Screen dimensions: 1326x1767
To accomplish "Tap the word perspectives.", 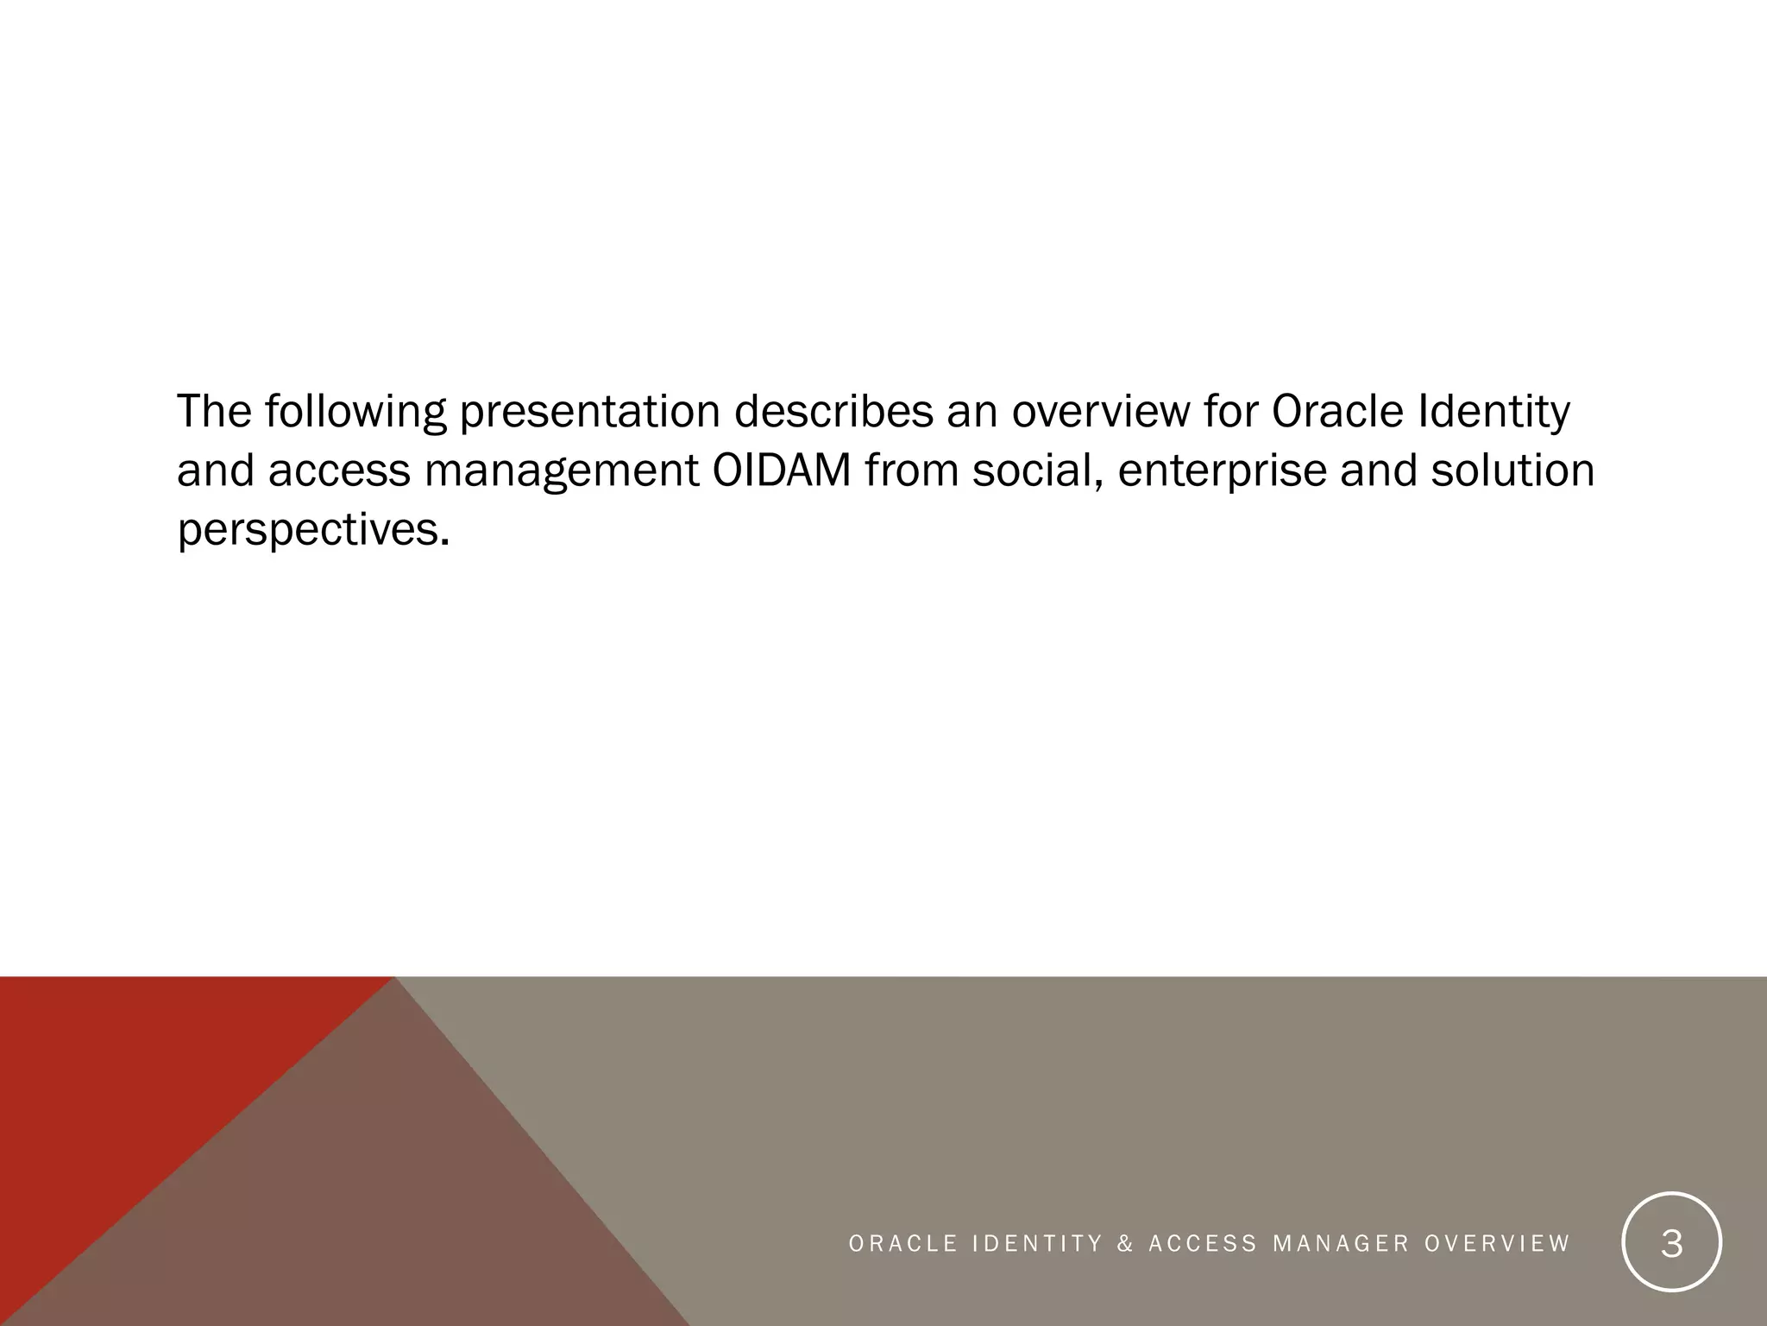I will [313, 529].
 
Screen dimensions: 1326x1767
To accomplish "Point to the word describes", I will [833, 412].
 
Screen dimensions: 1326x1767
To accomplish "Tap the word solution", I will [1512, 470].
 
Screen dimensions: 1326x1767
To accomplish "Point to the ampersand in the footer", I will [1125, 1244].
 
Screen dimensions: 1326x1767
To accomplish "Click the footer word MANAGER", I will [1341, 1244].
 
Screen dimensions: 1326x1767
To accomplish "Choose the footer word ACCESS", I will [1203, 1244].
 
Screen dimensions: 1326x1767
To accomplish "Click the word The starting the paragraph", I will [214, 412].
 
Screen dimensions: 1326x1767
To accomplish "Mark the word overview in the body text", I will [1100, 412].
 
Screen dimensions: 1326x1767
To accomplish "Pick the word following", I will [355, 412].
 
